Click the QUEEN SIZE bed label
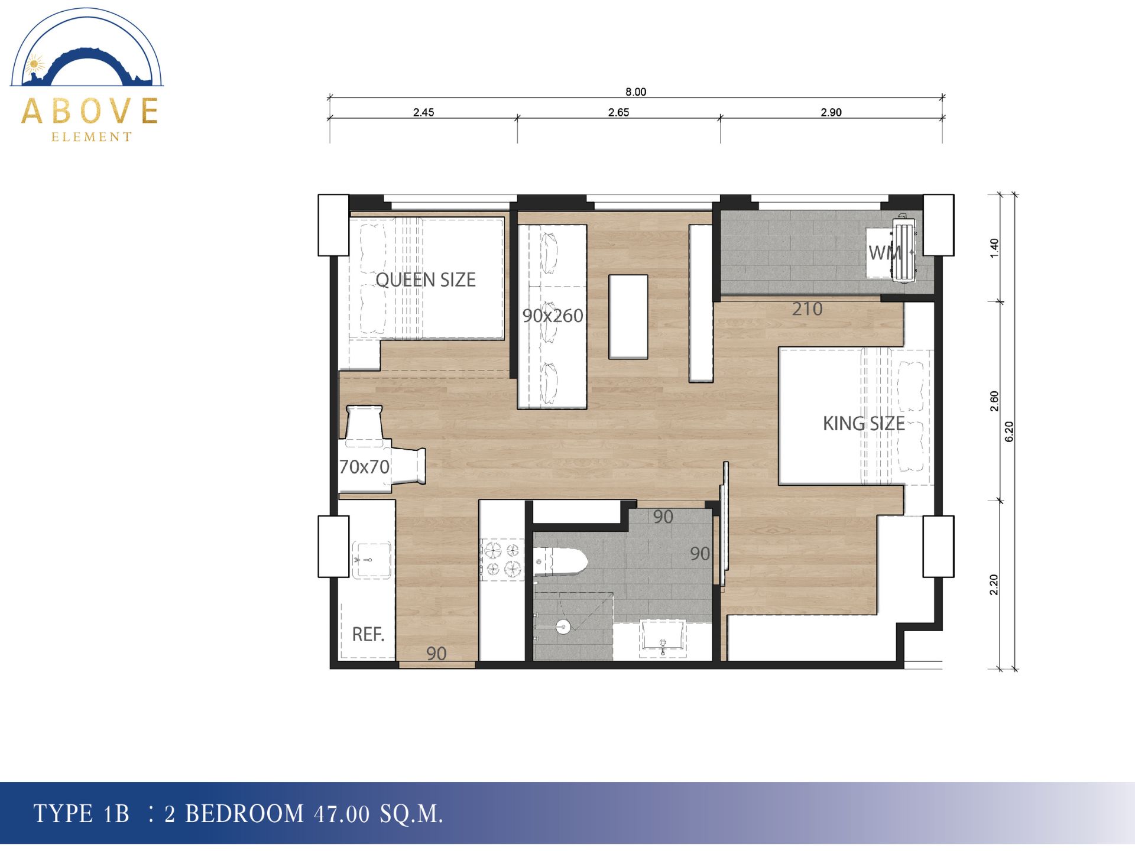coord(426,280)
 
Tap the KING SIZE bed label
coord(864,423)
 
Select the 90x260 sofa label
coord(553,316)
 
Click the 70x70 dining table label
coord(364,467)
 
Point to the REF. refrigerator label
coord(368,634)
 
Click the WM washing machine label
coord(885,253)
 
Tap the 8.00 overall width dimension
coord(636,92)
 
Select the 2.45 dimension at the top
coord(423,112)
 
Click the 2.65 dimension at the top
coord(618,112)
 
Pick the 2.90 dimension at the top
coord(831,112)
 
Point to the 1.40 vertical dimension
coord(994,248)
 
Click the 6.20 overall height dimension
coord(1009,431)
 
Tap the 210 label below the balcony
coord(807,308)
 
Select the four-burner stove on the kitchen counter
coord(501,560)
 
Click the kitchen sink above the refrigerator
coord(371,559)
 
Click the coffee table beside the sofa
coord(628,317)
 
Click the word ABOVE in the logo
coord(90,111)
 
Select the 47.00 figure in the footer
coord(342,814)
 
